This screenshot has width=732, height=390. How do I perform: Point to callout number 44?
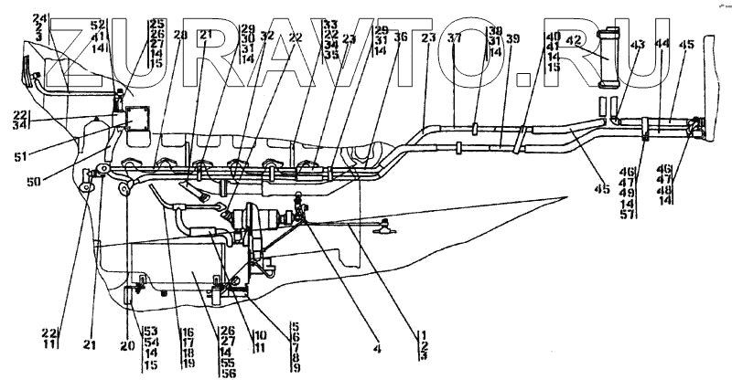click(663, 43)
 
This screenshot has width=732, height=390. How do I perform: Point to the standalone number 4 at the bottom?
click(376, 347)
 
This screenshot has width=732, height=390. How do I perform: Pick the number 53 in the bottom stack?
click(148, 331)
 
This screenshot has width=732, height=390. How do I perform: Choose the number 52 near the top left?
click(98, 24)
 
